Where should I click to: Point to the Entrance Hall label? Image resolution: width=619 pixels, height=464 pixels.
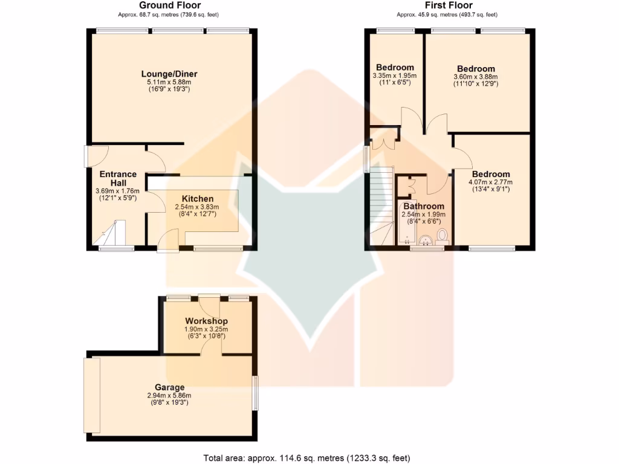click(x=118, y=178)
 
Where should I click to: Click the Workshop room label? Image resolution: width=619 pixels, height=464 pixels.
click(x=206, y=320)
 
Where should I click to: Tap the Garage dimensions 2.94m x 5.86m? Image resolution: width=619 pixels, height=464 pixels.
click(x=169, y=396)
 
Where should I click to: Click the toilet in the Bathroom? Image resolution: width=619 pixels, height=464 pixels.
click(x=442, y=236)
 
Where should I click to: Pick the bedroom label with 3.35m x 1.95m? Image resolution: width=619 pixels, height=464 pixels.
click(x=395, y=67)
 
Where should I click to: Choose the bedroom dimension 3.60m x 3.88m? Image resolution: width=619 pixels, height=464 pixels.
click(x=475, y=77)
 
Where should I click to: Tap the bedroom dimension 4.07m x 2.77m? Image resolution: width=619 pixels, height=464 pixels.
click(x=490, y=182)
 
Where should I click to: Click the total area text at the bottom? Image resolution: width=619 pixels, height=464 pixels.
click(x=309, y=457)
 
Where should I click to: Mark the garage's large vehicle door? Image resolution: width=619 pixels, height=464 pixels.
click(x=92, y=395)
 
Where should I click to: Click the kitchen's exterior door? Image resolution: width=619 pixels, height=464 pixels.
click(x=166, y=242)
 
